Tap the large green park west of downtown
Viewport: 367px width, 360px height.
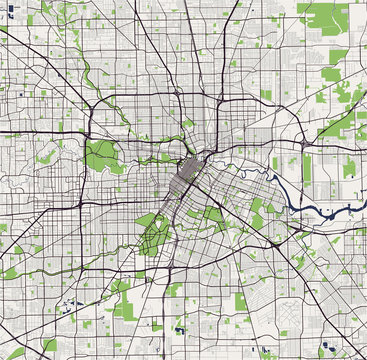click(101, 155)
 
